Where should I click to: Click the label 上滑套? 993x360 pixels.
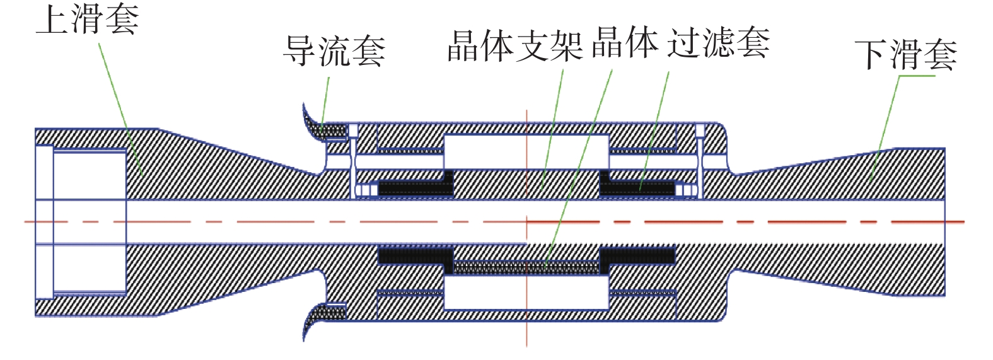[x=87, y=19]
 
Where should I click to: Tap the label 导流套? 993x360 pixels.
[x=334, y=50]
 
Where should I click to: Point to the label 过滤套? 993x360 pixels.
[x=718, y=43]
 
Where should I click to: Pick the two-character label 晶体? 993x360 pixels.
[x=625, y=43]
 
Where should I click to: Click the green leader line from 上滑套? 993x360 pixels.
[x=120, y=101]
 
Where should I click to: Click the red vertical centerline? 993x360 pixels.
[x=526, y=315]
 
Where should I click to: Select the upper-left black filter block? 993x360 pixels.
[x=416, y=186]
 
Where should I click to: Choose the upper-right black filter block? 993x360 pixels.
[x=637, y=187]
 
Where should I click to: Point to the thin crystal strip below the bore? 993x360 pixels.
[x=526, y=267]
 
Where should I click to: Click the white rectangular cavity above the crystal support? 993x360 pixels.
[x=526, y=151]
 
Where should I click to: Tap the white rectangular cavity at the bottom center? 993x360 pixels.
[x=526, y=293]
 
